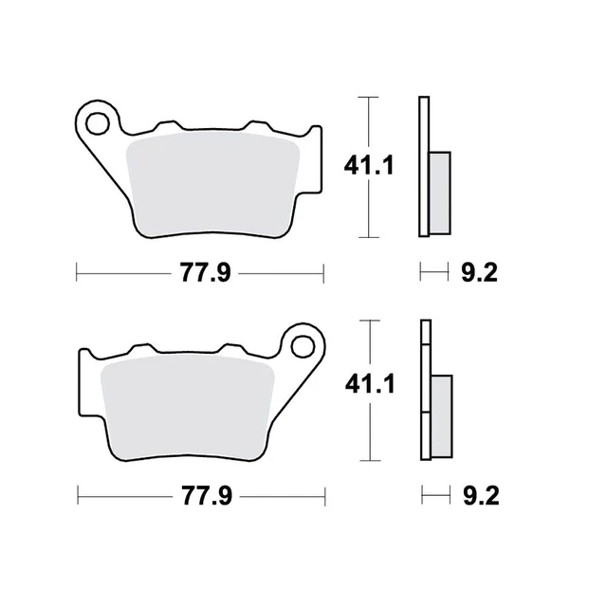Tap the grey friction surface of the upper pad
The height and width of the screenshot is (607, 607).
coord(213,185)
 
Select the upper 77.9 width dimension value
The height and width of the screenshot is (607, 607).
coord(201,274)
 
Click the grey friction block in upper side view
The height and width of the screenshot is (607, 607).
coord(439,193)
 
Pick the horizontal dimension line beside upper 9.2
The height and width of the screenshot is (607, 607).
coord(432,274)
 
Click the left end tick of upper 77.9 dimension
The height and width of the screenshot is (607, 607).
coord(76,274)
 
